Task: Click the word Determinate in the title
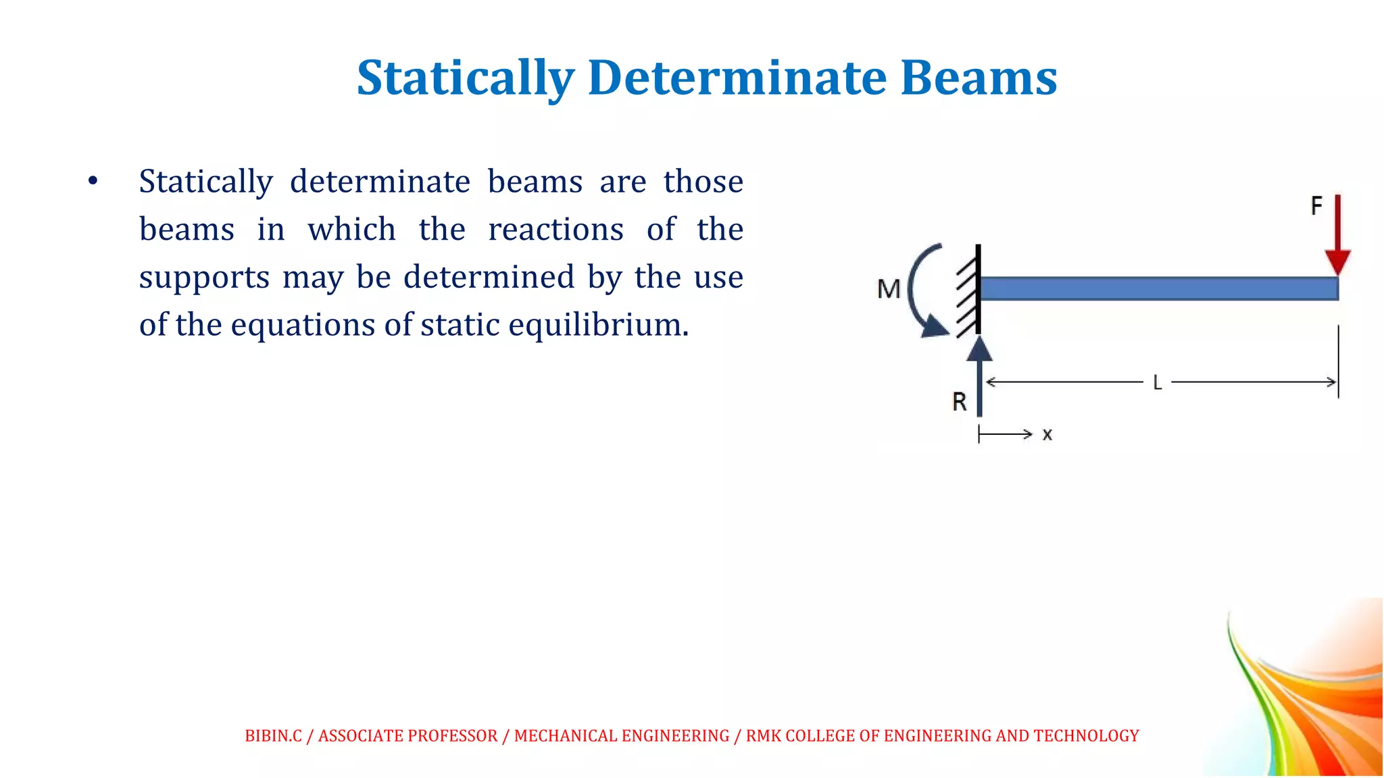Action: tap(737, 78)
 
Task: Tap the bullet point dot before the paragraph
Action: tap(93, 181)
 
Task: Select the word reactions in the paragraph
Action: tap(555, 230)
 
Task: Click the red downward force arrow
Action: tap(1337, 236)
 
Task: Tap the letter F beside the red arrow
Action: tap(1316, 206)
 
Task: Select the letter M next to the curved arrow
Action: tap(889, 290)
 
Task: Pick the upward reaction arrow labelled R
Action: tap(979, 378)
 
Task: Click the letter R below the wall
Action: tap(959, 403)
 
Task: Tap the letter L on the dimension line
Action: tap(1157, 384)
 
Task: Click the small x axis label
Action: tap(1047, 435)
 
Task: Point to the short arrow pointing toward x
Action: tap(1006, 434)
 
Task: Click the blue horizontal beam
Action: tap(1158, 289)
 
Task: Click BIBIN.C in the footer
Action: tap(273, 736)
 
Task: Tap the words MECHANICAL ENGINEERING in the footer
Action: tap(622, 736)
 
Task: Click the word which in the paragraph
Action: tap(351, 230)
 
